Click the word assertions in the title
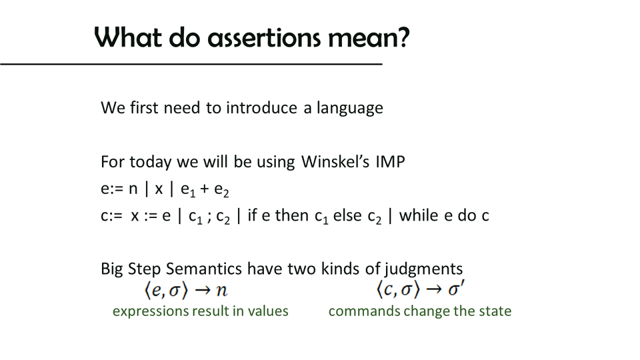pyautogui.click(x=264, y=38)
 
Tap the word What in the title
pyautogui.click(x=128, y=37)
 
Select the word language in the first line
pyautogui.click(x=350, y=109)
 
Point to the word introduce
pyautogui.click(x=261, y=108)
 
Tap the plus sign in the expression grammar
pyautogui.click(x=205, y=189)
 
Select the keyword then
pyautogui.click(x=291, y=215)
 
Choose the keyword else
pyautogui.click(x=347, y=215)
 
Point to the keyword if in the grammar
pyautogui.click(x=252, y=215)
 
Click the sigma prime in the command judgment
pyautogui.click(x=456, y=289)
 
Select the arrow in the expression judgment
pyautogui.click(x=203, y=290)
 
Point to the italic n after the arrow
pyautogui.click(x=221, y=290)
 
